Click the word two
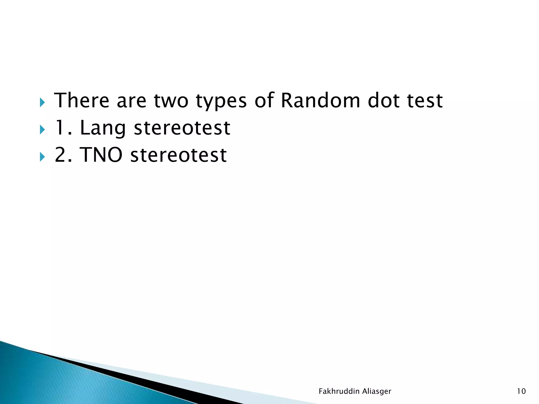171,101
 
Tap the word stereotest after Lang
182,128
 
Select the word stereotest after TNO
178,155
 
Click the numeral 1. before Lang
63,128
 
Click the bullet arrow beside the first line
42,102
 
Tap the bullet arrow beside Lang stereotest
42,129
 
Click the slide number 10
521,391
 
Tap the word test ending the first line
425,101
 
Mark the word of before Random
264,100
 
